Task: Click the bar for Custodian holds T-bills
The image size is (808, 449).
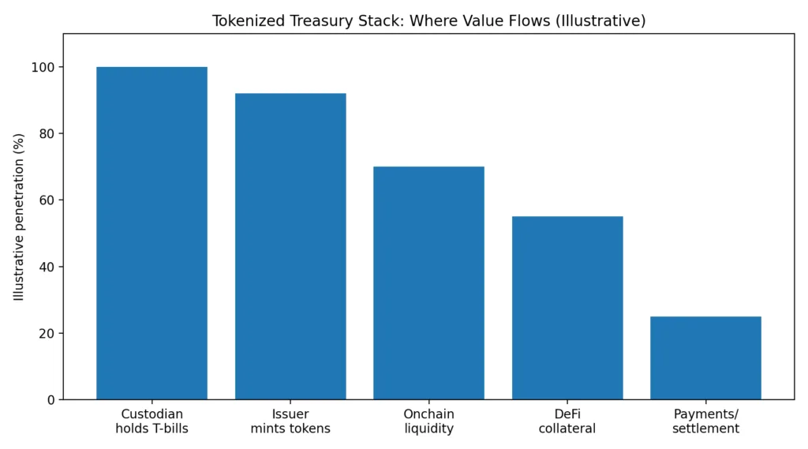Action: [151, 233]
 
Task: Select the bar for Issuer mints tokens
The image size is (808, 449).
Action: [290, 246]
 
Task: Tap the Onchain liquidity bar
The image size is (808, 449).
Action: [428, 282]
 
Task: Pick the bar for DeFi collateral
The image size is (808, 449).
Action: [567, 308]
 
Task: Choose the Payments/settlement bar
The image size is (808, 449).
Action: [705, 357]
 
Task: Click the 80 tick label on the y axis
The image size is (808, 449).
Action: [47, 133]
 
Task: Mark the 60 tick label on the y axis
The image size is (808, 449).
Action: [47, 200]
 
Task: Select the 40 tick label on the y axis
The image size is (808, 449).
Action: [47, 267]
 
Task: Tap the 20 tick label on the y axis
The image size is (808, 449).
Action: [47, 333]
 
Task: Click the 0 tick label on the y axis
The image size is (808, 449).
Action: [50, 400]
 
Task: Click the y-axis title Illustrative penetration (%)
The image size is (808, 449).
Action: [19, 216]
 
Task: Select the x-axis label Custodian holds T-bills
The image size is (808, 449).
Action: [151, 421]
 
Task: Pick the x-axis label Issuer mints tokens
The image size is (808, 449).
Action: [290, 421]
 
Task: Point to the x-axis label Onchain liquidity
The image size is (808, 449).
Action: [428, 421]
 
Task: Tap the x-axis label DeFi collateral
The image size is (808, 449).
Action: [567, 421]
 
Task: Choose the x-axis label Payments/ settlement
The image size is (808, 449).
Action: [705, 421]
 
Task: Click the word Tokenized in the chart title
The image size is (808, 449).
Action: [244, 21]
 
